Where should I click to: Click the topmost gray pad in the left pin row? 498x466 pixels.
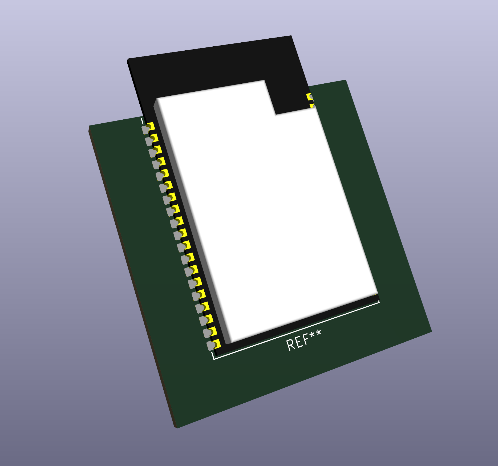[x=145, y=130]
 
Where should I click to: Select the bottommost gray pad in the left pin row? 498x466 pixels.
[x=210, y=346]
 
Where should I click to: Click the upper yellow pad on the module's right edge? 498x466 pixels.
[x=309, y=97]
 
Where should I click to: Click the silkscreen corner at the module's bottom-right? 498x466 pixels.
[x=379, y=302]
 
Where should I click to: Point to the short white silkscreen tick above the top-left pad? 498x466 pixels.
[x=142, y=121]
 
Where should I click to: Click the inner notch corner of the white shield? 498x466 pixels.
[x=276, y=115]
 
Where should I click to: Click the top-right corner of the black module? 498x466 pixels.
[x=291, y=36]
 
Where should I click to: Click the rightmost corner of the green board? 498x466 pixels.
[x=431, y=332]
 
